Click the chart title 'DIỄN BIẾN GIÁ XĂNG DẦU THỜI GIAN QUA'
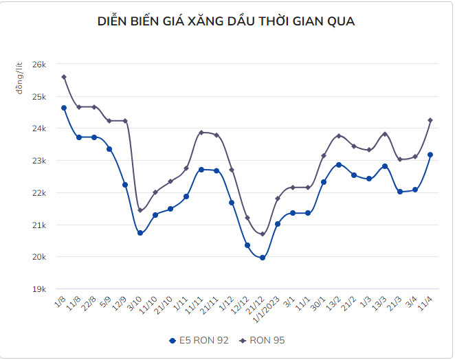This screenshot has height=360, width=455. [x=227, y=22]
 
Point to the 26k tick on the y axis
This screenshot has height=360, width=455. [x=39, y=64]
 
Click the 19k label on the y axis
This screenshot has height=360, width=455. [x=39, y=289]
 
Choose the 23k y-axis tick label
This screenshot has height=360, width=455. [x=39, y=161]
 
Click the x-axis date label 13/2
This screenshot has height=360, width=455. [x=333, y=303]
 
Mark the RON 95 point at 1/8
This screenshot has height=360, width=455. [x=64, y=77]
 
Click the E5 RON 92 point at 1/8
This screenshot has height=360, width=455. [x=64, y=108]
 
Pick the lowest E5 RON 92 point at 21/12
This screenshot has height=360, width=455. [x=263, y=258]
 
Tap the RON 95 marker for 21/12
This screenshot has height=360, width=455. [x=263, y=234]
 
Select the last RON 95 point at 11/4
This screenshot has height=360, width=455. [x=430, y=120]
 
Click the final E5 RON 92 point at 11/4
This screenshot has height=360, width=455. [x=430, y=155]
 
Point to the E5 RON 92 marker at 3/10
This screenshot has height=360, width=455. [x=140, y=233]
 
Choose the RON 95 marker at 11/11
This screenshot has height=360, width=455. [x=201, y=133]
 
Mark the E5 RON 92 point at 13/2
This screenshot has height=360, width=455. [x=339, y=165]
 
